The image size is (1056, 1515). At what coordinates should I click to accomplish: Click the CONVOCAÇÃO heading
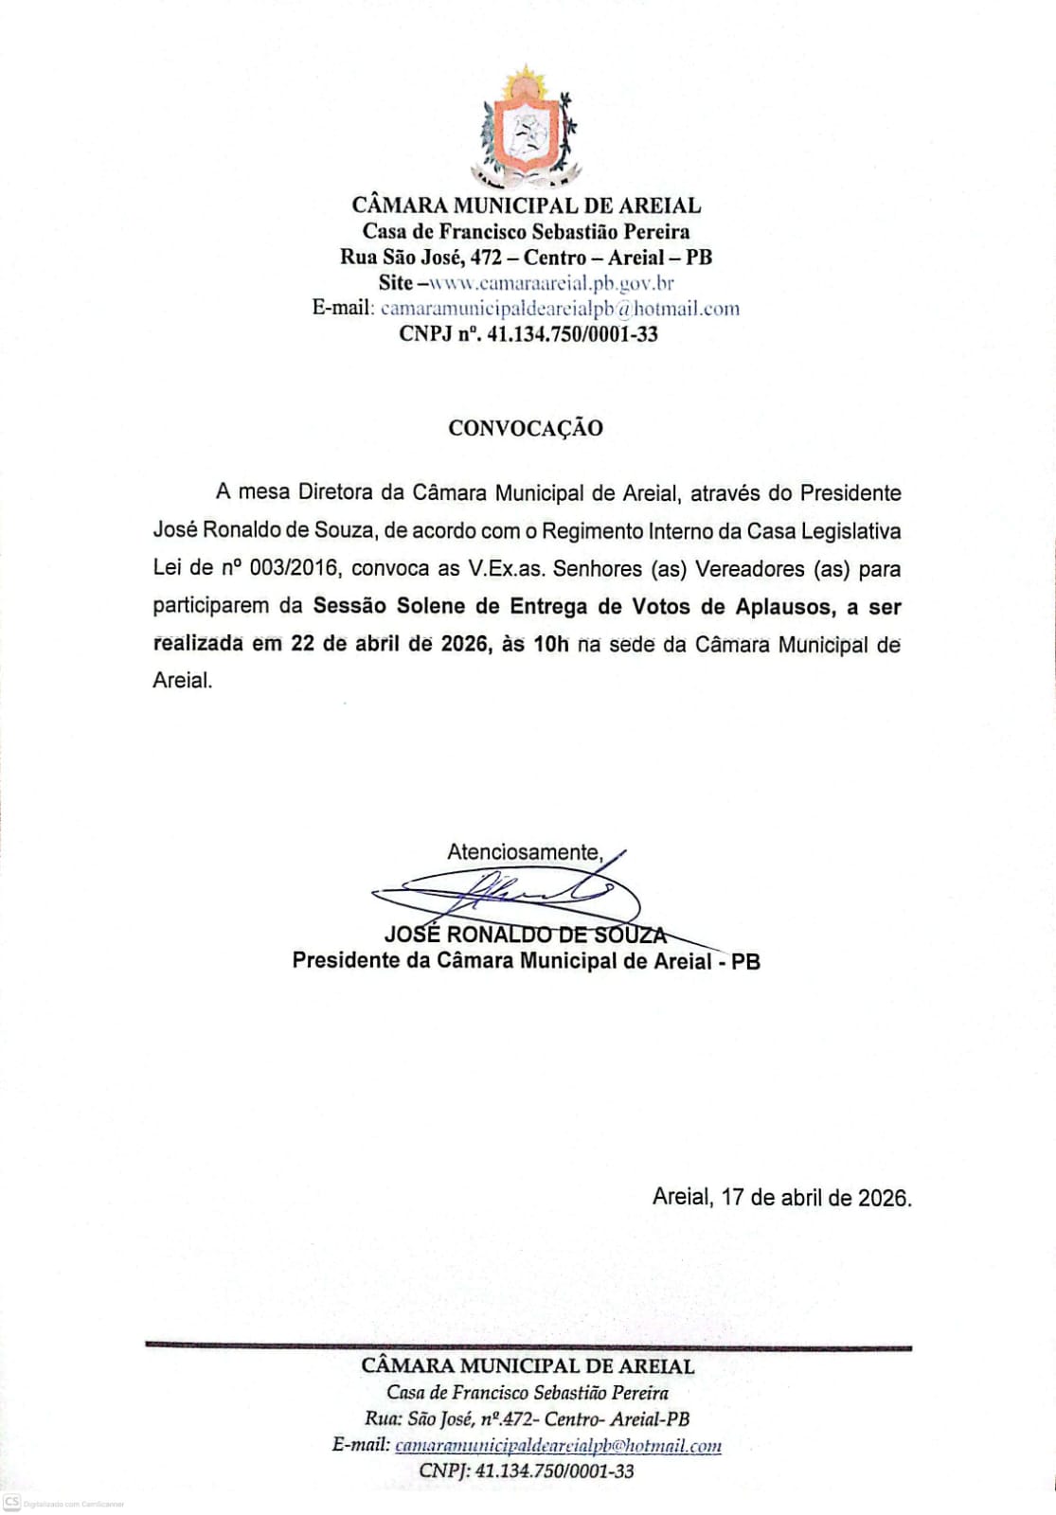(x=526, y=428)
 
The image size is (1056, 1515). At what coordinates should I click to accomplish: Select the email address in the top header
(x=560, y=308)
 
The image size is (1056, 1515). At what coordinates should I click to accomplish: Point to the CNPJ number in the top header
(x=572, y=333)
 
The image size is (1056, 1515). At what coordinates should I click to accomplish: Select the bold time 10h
(x=551, y=644)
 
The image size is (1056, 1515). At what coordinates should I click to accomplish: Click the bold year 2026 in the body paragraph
(x=464, y=644)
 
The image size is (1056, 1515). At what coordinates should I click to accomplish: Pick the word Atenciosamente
(x=525, y=851)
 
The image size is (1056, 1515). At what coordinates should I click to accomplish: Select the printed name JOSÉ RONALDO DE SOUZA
(x=526, y=935)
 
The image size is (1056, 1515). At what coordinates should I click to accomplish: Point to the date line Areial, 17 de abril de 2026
(x=782, y=1197)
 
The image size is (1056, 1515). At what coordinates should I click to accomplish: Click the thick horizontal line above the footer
(x=528, y=1346)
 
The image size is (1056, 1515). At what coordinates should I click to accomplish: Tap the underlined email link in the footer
(x=558, y=1446)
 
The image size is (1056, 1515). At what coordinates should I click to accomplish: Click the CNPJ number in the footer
(x=554, y=1471)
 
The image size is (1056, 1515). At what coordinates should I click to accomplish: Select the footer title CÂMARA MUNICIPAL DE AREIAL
(x=528, y=1365)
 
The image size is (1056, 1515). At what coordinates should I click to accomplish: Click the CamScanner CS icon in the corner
(x=12, y=1503)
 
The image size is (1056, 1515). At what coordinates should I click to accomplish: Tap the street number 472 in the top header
(x=485, y=257)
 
